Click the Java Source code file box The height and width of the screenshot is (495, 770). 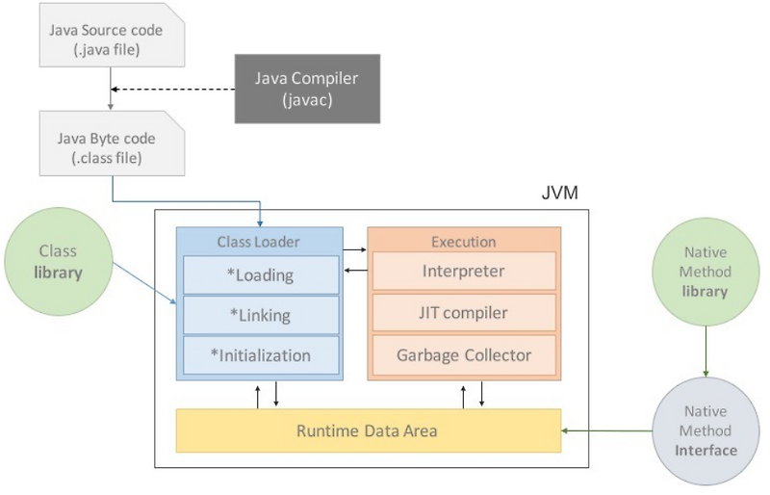coord(106,39)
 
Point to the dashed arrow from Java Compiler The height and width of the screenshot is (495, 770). coord(173,89)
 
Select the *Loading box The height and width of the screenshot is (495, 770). coord(260,274)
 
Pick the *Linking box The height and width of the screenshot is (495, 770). coord(260,315)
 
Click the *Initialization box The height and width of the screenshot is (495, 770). coord(260,355)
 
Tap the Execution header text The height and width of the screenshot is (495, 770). coord(464,242)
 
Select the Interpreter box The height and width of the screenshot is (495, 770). coord(464,272)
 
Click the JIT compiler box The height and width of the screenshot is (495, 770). coord(464,313)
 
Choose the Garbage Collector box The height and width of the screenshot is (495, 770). coord(464,355)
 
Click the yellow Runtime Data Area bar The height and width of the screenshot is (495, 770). coord(368,430)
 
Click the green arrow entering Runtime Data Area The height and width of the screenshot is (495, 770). coord(606,430)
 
